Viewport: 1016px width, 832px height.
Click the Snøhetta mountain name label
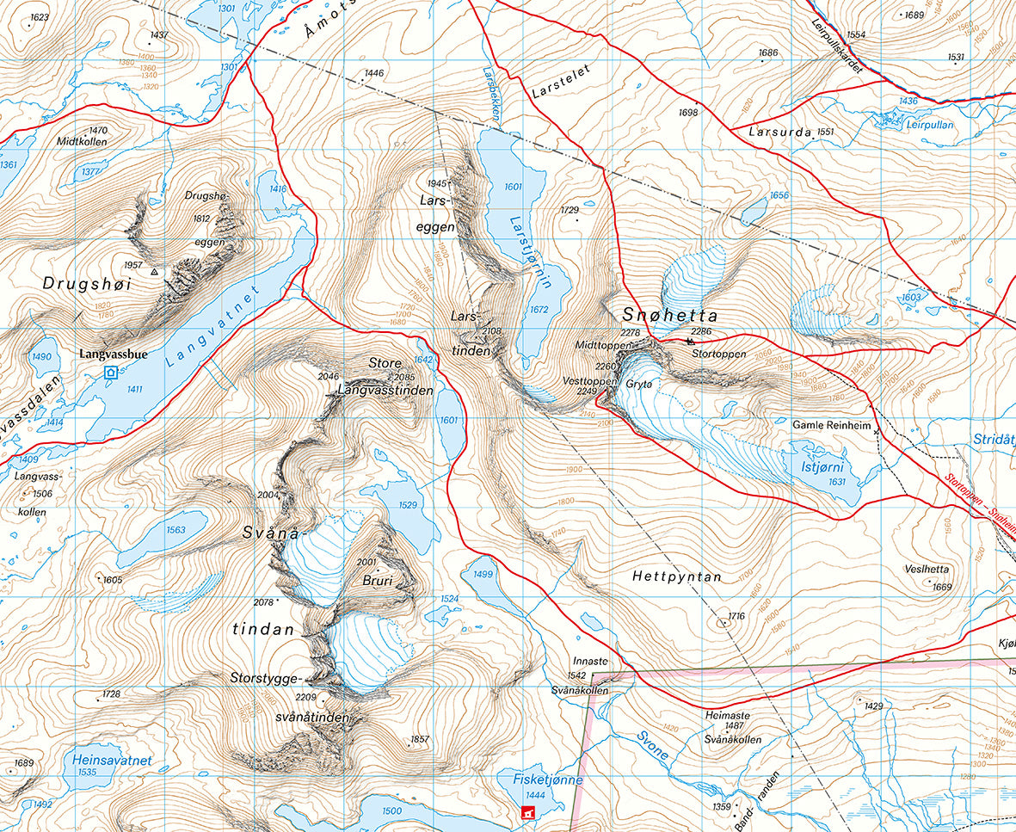point(671,315)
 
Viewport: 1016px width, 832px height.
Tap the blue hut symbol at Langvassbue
point(110,373)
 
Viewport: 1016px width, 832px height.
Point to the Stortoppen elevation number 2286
point(701,330)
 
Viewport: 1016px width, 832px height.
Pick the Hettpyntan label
point(675,576)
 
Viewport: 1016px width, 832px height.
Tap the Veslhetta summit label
point(927,569)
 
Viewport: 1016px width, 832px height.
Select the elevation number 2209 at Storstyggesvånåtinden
point(306,698)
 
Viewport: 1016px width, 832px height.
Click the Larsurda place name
point(779,133)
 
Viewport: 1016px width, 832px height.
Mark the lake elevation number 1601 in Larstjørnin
point(513,187)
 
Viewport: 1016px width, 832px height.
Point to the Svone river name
point(652,744)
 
